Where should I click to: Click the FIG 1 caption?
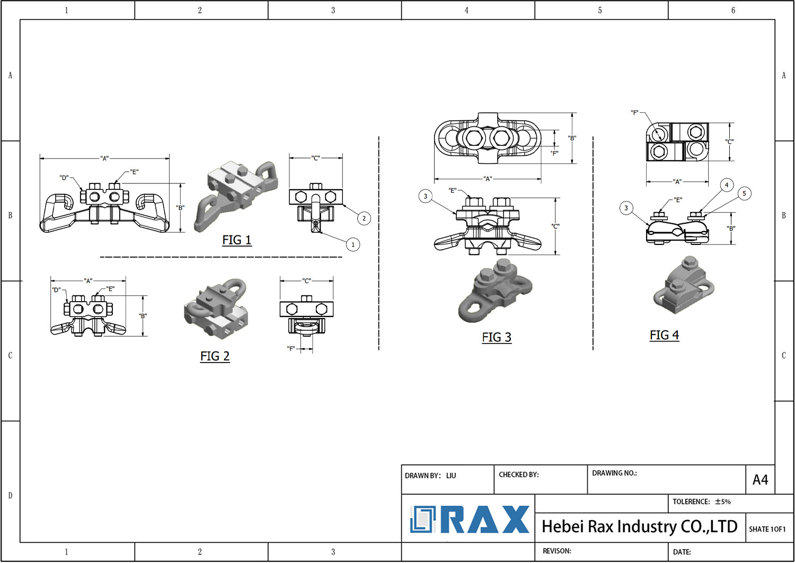pos(237,240)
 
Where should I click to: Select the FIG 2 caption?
pos(215,356)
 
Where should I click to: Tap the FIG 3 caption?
pos(497,337)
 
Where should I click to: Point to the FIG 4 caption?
pos(665,335)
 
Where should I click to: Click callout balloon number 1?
pos(353,244)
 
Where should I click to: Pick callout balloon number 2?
pos(364,218)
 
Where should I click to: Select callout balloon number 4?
pos(727,185)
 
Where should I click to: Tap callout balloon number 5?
pos(744,193)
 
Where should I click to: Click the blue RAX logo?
pos(469,520)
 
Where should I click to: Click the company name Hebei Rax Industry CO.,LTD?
pos(640,526)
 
